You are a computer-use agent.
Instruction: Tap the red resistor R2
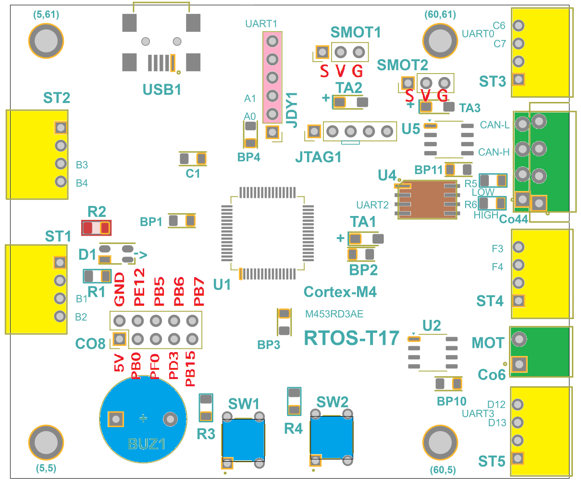point(96,228)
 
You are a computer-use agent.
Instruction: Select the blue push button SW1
point(243,440)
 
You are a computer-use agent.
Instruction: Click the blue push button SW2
point(332,436)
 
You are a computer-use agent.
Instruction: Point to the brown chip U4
point(427,200)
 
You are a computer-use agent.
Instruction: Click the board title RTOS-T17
point(352,338)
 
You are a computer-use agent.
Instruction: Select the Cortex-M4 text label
point(340,292)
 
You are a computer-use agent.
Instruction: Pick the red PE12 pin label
point(139,287)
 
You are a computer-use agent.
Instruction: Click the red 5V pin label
point(119,363)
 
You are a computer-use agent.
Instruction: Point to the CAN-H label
point(494,152)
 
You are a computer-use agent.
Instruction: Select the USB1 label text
point(162,89)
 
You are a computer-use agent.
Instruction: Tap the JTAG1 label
point(318,157)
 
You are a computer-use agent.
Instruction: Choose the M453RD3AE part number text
point(334,314)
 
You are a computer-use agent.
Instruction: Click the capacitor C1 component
point(193,158)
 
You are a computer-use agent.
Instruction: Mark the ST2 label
point(57,98)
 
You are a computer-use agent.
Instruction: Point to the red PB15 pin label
point(190,369)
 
